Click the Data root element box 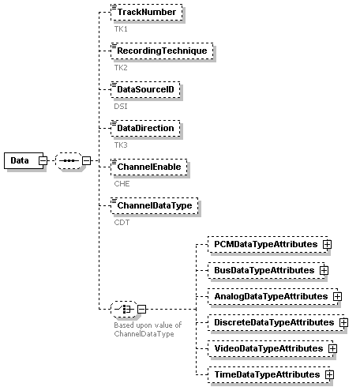(24, 160)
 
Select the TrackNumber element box (147, 12)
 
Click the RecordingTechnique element (162, 51)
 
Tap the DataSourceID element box (145, 89)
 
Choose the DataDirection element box (145, 128)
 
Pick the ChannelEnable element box (149, 167)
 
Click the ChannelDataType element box (155, 205)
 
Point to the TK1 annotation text (121, 29)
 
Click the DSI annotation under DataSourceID (121, 107)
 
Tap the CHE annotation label (122, 184)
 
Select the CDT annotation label (122, 223)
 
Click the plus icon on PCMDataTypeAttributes (327, 245)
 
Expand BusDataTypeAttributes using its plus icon (324, 271)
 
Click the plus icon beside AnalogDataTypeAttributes (337, 297)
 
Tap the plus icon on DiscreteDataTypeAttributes (343, 323)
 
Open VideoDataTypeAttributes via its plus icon (332, 349)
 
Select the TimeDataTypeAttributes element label (267, 374)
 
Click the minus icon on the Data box (43, 160)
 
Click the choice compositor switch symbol (124, 309)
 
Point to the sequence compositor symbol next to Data (69, 160)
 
